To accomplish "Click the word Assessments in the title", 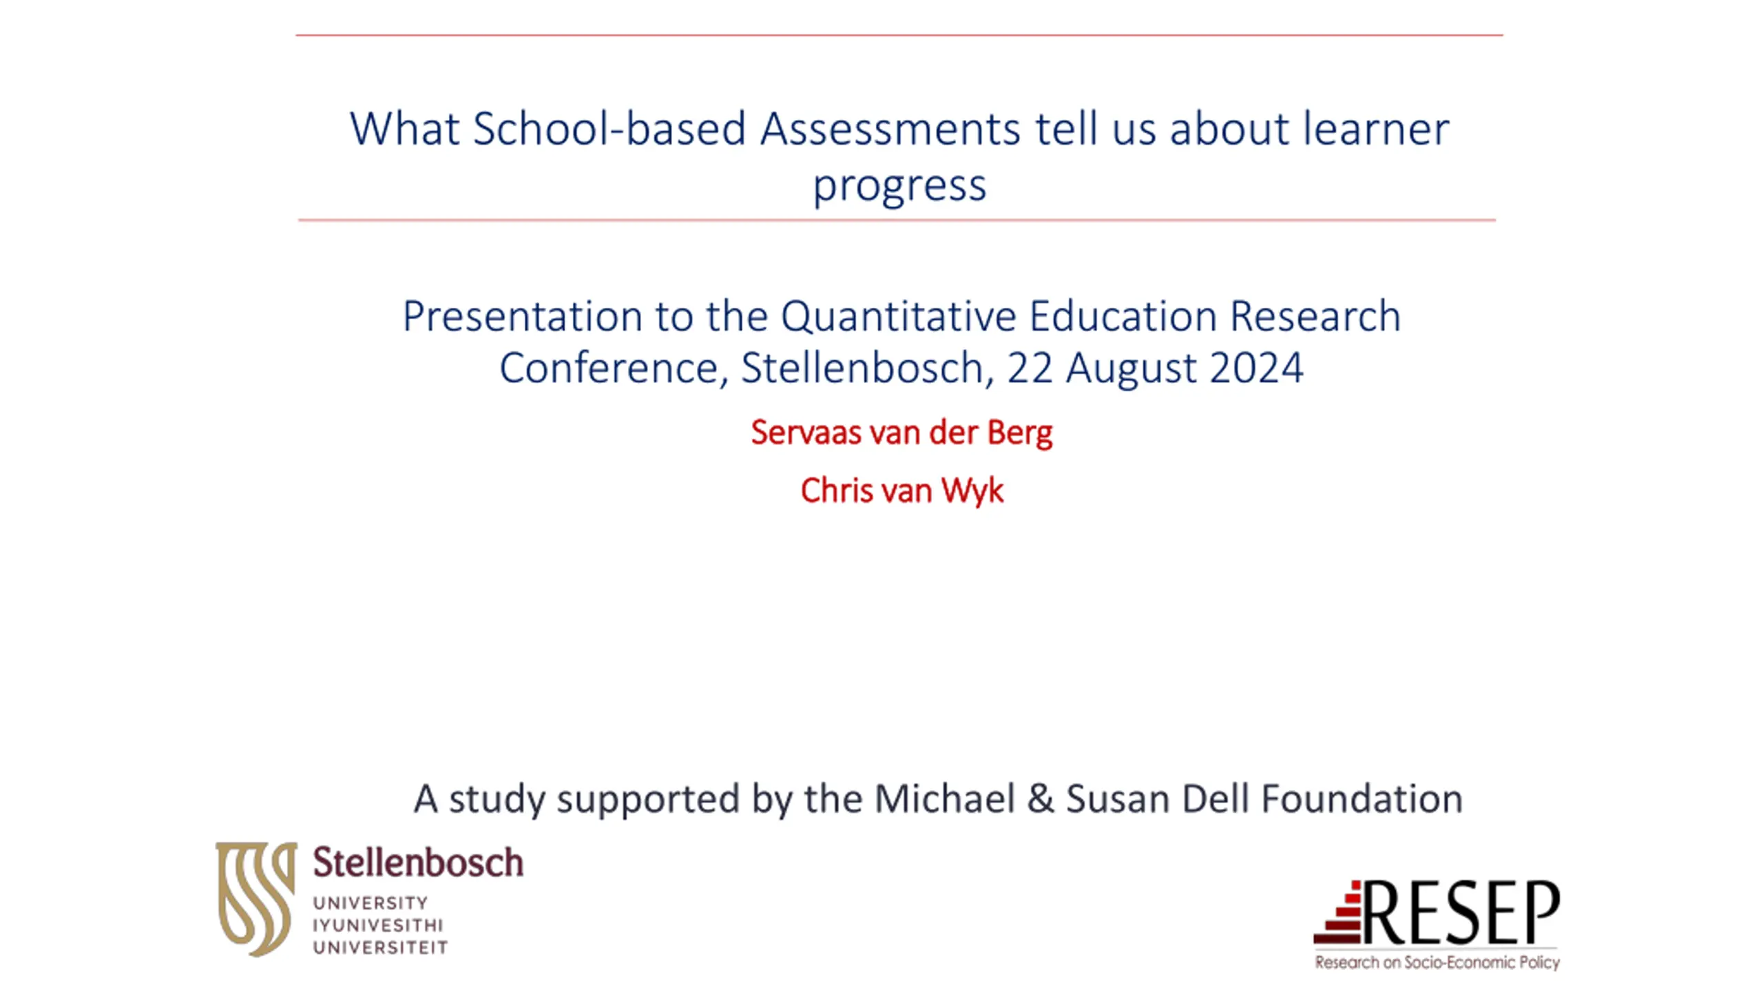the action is click(x=890, y=129).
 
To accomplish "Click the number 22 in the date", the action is click(x=1030, y=367).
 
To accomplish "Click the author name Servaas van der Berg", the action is click(x=901, y=433).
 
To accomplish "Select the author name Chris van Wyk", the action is click(x=901, y=491).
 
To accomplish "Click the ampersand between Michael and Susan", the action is click(x=1040, y=799).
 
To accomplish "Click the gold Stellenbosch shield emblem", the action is click(x=256, y=898).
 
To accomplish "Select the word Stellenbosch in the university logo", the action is click(x=418, y=862).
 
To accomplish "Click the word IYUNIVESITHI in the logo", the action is click(x=378, y=925).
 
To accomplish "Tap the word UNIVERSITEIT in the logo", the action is click(x=380, y=948).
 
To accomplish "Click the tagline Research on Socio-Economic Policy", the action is click(x=1437, y=962).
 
